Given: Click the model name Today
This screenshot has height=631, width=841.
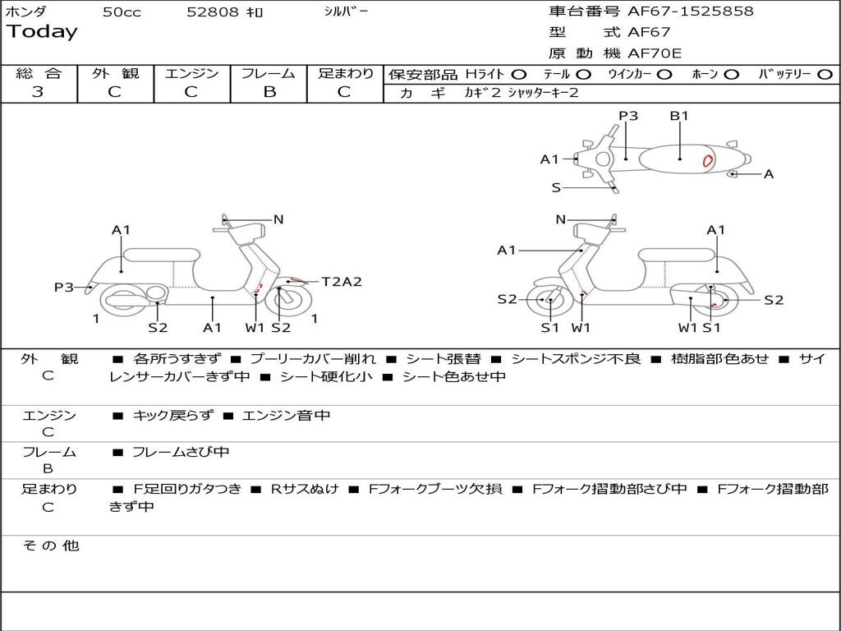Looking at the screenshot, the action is coord(42,32).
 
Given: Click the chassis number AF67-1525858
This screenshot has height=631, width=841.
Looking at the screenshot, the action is coord(690,11).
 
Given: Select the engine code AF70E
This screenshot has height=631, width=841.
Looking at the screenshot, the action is coord(655,53).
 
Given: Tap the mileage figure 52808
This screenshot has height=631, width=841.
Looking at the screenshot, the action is coord(213,12).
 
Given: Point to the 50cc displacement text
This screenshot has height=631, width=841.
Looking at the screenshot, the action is coord(122,12).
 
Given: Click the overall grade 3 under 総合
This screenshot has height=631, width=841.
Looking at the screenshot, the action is coord(38,91).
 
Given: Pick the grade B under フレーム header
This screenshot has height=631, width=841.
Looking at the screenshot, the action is coord(269,92).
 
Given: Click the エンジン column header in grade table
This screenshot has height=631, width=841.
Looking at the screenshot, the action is coord(191,73).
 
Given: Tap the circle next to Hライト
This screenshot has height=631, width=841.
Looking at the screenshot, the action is coord(519,75).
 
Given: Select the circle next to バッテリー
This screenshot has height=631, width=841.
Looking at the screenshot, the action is coord(825,75).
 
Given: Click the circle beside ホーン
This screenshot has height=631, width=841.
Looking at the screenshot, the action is coord(731,75).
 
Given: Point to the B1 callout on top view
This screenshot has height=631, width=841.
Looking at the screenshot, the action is coord(679,115).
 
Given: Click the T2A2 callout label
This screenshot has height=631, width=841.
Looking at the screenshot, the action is coord(342,281).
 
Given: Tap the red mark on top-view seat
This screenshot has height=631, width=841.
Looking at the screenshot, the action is coord(707,160).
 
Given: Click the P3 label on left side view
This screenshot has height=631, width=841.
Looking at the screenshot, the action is coord(64,287).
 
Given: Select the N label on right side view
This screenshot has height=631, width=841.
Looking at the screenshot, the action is coord(560,219).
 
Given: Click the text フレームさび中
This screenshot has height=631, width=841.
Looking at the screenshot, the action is coord(181,452).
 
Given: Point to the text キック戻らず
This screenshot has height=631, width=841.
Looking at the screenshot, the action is coord(172,415).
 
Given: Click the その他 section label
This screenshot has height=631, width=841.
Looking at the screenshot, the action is coord(51,546).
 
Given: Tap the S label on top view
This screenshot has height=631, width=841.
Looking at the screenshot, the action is coord(556,188).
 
